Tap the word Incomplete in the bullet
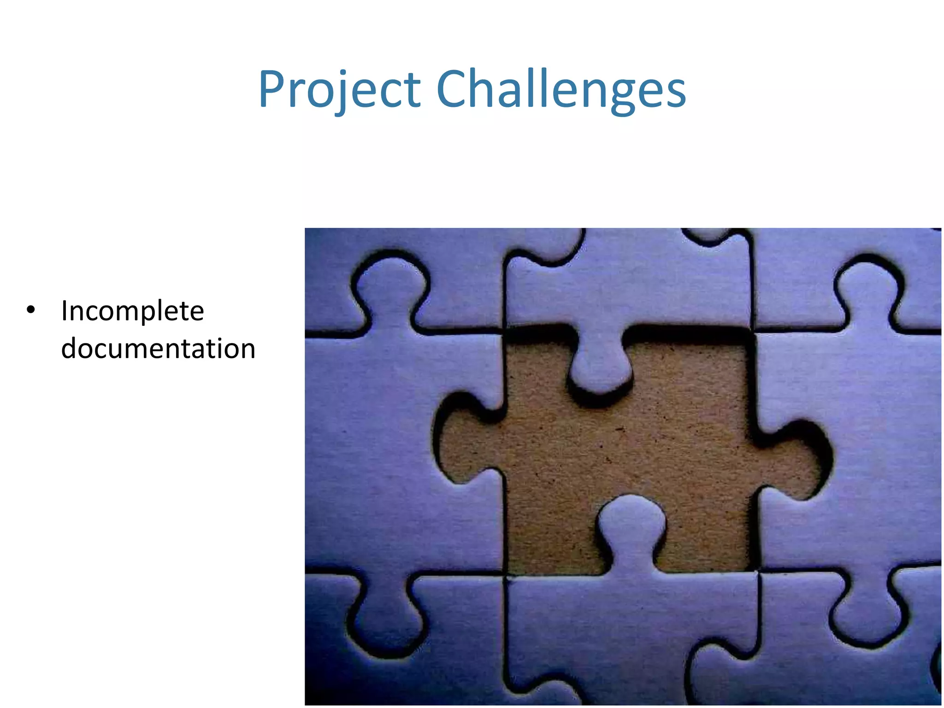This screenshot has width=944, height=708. (133, 311)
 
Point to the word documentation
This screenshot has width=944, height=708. (158, 348)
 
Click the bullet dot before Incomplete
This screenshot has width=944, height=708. (31, 310)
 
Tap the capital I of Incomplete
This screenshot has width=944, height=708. (65, 311)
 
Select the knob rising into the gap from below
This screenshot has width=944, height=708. (631, 521)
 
